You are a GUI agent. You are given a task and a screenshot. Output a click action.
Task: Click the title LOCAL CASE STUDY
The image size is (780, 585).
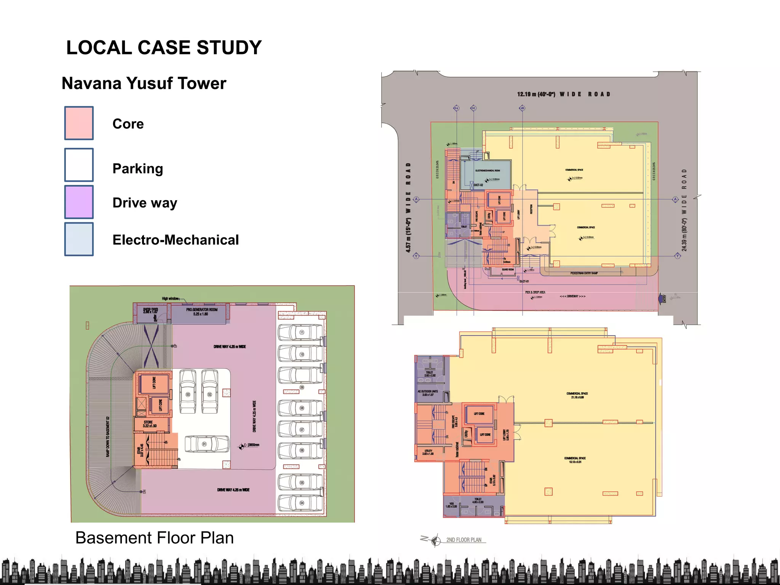pos(164,48)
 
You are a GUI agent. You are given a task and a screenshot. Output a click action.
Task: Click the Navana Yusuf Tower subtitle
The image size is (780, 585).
pos(144,83)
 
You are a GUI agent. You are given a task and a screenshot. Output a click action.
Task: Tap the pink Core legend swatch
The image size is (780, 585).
pos(79,123)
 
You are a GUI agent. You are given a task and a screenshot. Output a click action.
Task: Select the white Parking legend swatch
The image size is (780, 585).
pos(79,165)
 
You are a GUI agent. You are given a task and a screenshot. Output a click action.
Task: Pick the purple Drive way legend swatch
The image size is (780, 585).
pos(79,202)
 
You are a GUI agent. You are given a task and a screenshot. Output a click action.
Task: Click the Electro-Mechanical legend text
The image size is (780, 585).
pos(176,240)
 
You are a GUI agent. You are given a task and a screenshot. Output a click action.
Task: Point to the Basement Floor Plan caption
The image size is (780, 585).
pos(154,538)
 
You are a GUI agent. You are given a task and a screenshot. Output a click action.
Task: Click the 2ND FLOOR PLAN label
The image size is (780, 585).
pos(464,540)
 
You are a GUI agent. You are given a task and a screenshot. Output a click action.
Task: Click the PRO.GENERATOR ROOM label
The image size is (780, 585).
pos(201,312)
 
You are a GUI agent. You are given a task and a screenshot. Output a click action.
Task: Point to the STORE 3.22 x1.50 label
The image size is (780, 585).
pos(149,424)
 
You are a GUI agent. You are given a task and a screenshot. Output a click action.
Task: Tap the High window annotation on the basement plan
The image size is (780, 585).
pos(170,299)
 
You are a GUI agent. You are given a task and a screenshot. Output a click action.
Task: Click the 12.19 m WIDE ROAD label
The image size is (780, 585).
pos(564,94)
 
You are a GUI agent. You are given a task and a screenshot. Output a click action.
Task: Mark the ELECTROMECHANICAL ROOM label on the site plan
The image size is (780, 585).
pos(487,171)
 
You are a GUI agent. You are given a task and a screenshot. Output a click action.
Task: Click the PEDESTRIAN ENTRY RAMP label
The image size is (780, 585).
pos(584,273)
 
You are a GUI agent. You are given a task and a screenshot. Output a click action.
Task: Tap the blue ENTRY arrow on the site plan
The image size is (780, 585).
pos(661,299)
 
